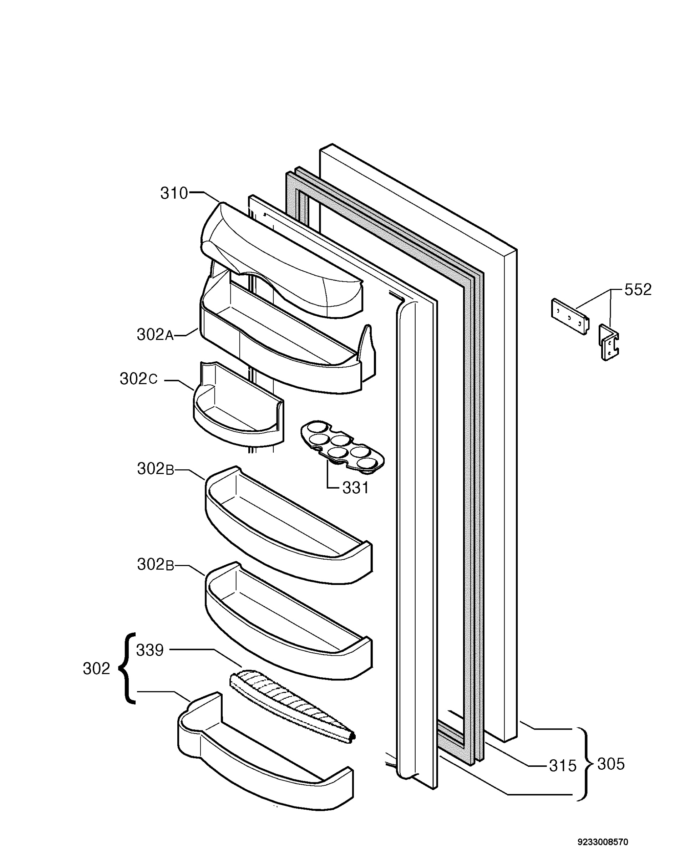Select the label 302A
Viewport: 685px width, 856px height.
(155, 335)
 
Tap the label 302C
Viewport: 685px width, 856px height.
(138, 379)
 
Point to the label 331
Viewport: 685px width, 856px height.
(355, 488)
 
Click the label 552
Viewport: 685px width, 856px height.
(638, 290)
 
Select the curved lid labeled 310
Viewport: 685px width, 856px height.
(281, 260)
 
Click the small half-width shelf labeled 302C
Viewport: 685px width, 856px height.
(239, 404)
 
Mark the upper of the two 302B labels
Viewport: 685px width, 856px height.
(156, 469)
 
